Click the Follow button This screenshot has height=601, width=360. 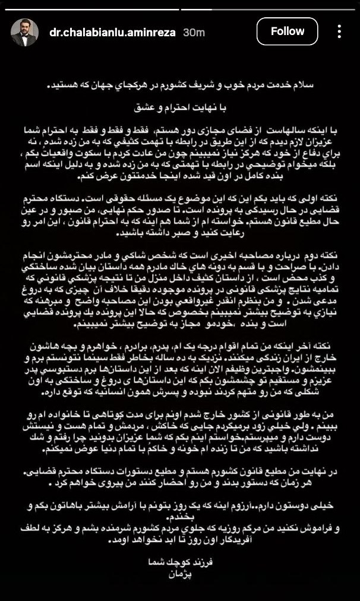(x=288, y=31)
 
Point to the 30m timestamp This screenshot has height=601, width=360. (x=194, y=32)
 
